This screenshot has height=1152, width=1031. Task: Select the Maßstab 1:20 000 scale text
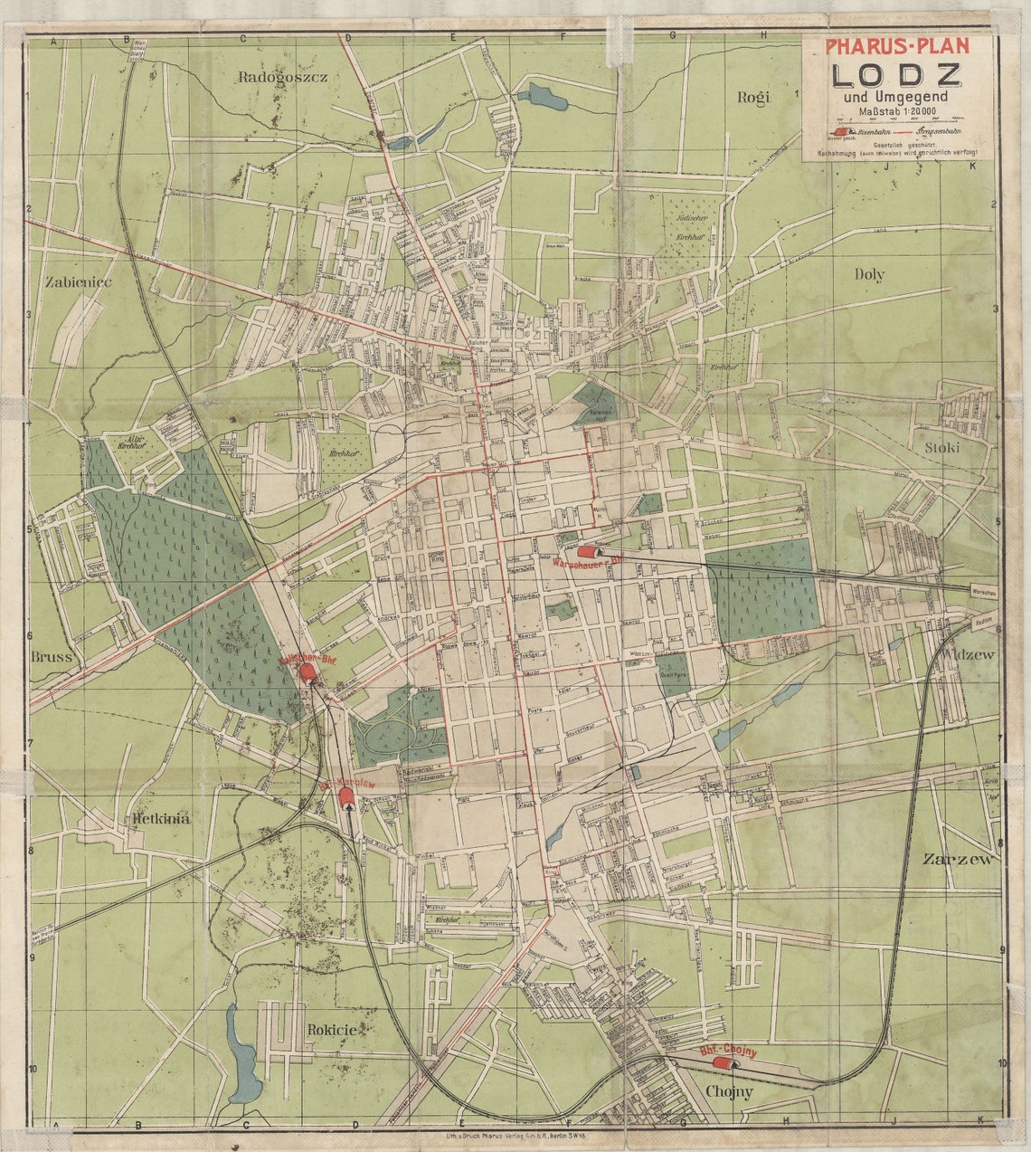(x=896, y=111)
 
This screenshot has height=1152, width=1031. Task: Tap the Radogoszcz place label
(x=282, y=77)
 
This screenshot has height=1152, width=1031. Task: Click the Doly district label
(x=869, y=274)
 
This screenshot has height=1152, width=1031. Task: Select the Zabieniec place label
(x=78, y=282)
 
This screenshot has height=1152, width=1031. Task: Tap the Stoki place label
(x=941, y=448)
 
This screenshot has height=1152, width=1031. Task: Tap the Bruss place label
(x=51, y=658)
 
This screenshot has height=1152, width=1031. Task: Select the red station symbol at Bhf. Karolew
(x=345, y=796)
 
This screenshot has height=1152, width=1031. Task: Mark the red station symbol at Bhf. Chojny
(x=721, y=1062)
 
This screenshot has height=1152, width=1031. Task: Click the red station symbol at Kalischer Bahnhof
(x=307, y=671)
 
